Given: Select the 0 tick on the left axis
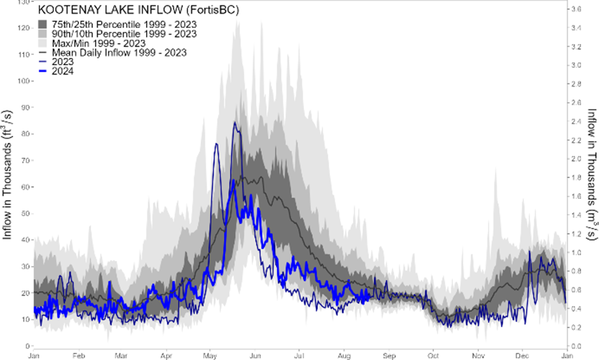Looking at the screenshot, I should (27, 346).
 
